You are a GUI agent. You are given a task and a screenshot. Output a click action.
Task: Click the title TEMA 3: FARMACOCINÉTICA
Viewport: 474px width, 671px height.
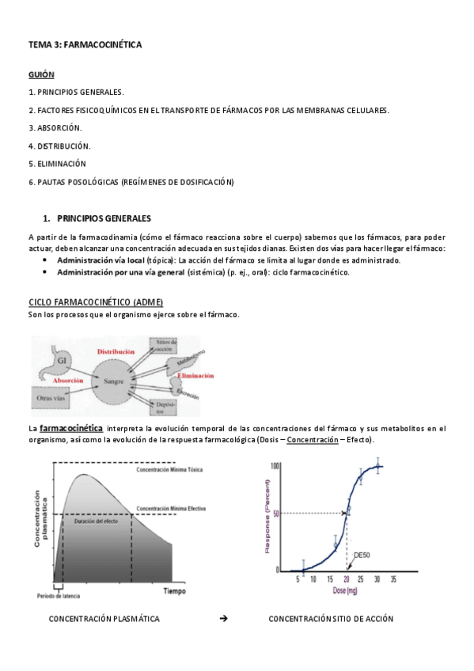click(85, 45)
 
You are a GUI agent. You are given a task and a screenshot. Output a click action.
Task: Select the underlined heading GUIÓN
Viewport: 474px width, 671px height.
click(41, 74)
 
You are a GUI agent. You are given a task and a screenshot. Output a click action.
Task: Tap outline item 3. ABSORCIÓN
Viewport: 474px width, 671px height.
click(55, 127)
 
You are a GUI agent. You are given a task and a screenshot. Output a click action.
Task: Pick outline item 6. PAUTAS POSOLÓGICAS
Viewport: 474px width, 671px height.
click(131, 182)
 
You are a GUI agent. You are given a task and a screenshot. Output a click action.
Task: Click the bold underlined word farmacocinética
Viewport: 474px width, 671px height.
click(71, 428)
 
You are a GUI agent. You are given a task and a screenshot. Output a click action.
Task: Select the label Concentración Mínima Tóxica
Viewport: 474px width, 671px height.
click(171, 469)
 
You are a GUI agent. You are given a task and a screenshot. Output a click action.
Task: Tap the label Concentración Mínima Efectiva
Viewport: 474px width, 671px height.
click(173, 508)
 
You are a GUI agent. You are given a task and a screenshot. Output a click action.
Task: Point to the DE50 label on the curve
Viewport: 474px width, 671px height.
click(362, 555)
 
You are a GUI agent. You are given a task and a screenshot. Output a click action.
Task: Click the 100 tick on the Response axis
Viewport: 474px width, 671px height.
click(275, 465)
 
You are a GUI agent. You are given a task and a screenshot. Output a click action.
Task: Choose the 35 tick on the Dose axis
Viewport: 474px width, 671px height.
click(392, 579)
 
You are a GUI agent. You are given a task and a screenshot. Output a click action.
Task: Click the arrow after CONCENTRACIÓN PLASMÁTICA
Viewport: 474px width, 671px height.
click(223, 618)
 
